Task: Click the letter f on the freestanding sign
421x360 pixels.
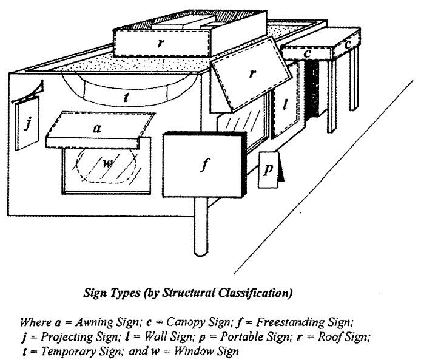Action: [204, 165]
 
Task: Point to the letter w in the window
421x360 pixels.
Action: [107, 163]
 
